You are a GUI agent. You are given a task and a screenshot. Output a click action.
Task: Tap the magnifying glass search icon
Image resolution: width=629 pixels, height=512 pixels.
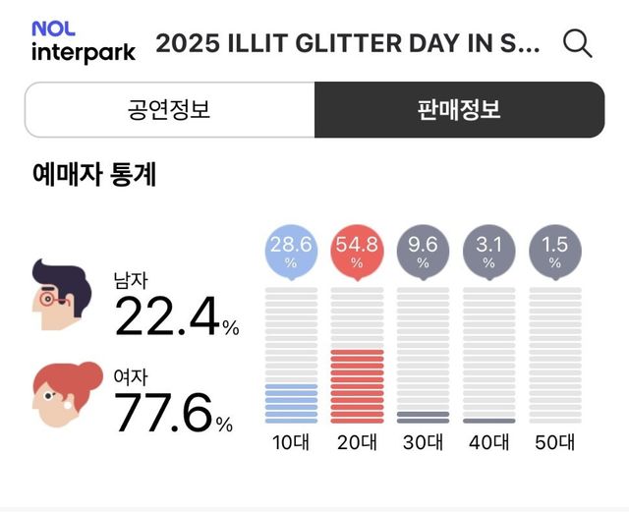577,43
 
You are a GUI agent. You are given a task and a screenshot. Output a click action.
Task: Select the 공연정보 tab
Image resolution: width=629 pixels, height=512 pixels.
169,109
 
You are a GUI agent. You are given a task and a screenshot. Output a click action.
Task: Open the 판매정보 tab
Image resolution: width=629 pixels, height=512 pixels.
459,109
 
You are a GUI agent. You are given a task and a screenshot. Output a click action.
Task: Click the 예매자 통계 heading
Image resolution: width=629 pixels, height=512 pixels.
94,175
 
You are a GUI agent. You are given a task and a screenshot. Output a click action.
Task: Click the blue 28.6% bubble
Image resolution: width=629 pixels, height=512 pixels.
291,252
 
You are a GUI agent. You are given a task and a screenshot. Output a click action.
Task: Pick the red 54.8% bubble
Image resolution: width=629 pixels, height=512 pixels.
357,252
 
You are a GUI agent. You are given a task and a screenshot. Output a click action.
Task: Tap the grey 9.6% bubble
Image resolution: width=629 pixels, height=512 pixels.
423,252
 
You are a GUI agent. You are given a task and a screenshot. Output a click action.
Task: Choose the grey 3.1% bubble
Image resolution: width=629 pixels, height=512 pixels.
488,252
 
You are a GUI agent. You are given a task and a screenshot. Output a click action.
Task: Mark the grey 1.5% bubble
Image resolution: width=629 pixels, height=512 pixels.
554,252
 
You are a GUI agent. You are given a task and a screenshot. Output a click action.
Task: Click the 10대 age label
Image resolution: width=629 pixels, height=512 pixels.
291,442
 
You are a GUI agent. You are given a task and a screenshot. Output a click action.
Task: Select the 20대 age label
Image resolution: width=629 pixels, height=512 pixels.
357,442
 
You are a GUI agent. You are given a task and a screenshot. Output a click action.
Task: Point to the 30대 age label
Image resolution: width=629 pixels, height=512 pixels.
423,442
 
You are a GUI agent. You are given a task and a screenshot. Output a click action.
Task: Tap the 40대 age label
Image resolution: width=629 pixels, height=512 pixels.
488,442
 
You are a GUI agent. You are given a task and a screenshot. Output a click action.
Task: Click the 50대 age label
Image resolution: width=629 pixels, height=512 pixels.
554,442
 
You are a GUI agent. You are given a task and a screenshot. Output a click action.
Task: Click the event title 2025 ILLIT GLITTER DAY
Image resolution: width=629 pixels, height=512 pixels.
348,44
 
